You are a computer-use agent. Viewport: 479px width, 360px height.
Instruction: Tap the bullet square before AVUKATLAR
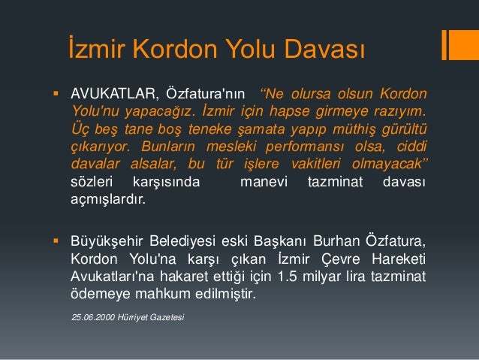coord(55,95)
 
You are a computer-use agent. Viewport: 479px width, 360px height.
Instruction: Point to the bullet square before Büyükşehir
coord(55,241)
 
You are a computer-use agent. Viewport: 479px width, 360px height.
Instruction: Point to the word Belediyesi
coord(179,241)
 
